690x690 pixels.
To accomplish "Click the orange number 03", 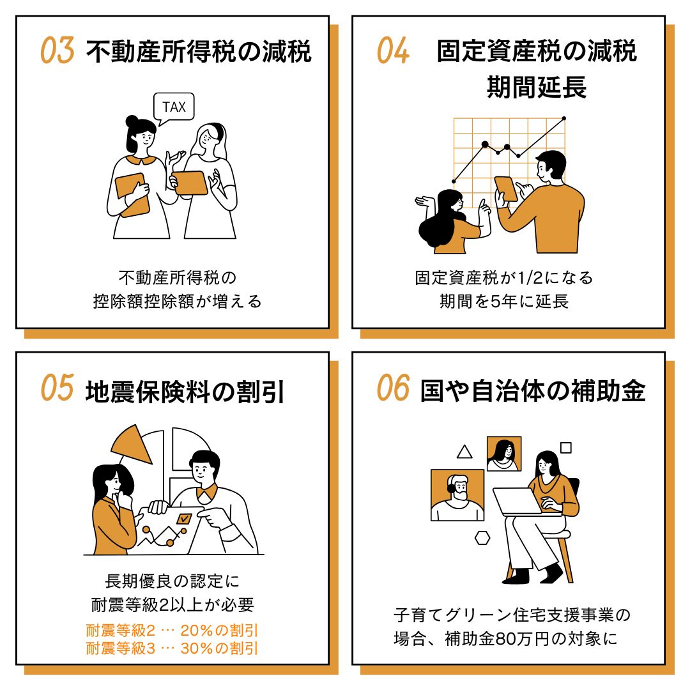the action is click(57, 50).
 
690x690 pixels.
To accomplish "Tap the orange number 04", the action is click(393, 50).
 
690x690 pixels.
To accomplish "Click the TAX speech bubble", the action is click(174, 107).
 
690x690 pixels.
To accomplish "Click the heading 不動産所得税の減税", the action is click(199, 52).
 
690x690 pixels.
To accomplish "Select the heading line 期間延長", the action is click(537, 87).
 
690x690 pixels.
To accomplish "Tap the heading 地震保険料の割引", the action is click(185, 392).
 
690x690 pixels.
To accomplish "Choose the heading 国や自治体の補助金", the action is click(533, 391).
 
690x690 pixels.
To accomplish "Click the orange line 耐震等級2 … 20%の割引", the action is click(172, 631).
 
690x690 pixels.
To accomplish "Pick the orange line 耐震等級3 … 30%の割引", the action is click(172, 648).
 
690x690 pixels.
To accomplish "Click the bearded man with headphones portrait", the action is click(457, 495).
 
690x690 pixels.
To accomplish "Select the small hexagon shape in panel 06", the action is click(482, 538).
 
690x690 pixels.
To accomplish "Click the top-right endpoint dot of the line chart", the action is click(564, 118).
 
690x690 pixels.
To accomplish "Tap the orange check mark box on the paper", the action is click(184, 519).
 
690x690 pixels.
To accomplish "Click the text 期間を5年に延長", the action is click(504, 302).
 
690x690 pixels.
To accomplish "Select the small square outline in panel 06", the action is click(566, 447).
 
